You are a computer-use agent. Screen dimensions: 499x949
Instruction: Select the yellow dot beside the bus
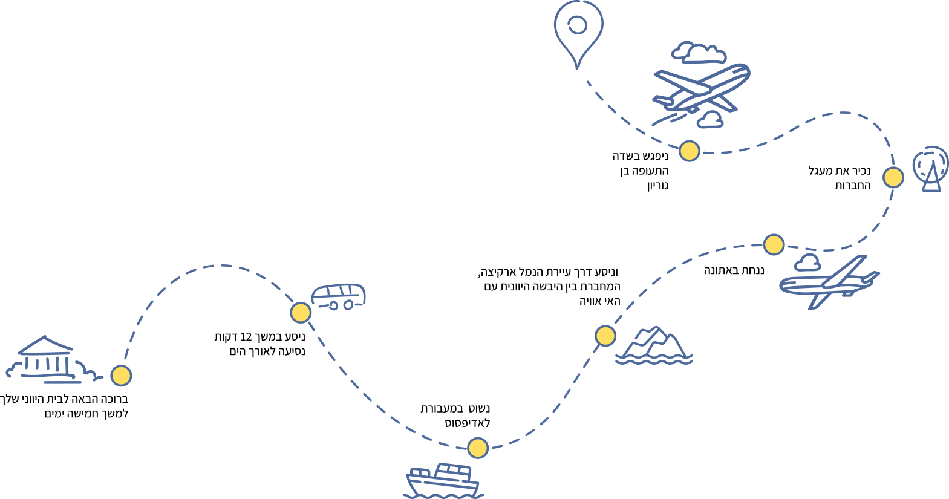(x=301, y=313)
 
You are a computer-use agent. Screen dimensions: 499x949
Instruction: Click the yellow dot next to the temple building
(x=121, y=376)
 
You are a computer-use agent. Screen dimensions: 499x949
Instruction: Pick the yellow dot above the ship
(x=478, y=448)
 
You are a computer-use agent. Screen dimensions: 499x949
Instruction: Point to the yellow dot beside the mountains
(x=605, y=336)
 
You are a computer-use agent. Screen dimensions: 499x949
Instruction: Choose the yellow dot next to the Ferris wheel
(x=893, y=177)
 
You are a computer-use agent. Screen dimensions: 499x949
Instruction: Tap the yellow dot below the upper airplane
(x=690, y=151)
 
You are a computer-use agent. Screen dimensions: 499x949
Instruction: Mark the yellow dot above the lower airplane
(x=774, y=244)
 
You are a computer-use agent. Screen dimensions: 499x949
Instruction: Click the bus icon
(x=339, y=296)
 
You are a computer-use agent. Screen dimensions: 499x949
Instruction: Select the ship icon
(x=443, y=481)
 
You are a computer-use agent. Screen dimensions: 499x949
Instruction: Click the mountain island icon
(x=654, y=346)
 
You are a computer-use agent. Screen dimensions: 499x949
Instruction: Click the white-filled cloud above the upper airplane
(x=703, y=54)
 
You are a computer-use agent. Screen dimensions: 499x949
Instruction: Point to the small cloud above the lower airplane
(x=808, y=263)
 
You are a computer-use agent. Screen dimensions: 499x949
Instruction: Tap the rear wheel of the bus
(x=333, y=306)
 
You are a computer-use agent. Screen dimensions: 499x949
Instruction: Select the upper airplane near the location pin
(x=702, y=90)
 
